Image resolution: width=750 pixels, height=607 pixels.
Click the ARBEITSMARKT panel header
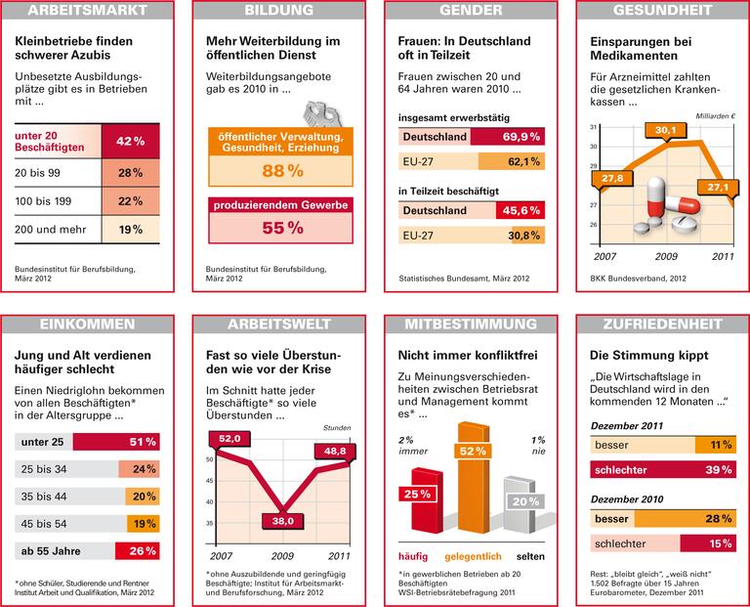coord(87,12)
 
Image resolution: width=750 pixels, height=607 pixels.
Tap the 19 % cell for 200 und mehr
coord(131,230)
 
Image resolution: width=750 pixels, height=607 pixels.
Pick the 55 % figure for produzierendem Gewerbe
coord(281,227)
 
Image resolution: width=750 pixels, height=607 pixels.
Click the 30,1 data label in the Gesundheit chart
coord(666,129)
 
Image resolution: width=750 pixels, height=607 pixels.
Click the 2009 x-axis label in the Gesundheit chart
coord(665,256)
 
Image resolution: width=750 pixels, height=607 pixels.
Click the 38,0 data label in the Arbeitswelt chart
coord(283,522)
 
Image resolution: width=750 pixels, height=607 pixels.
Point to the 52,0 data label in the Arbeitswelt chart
coord(230,440)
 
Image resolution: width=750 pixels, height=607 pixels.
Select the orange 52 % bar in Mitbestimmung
coord(474,479)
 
